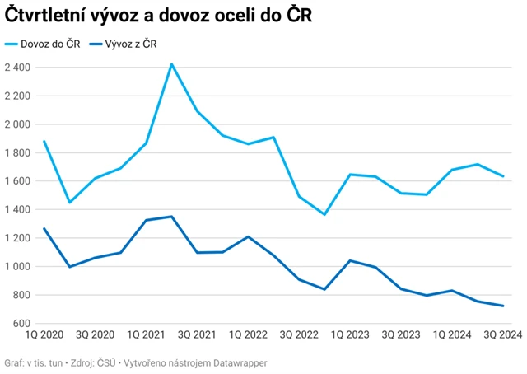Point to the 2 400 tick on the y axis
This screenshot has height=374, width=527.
[17, 68]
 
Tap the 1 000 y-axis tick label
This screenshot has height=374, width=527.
[17, 267]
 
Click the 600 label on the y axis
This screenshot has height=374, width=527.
[21, 324]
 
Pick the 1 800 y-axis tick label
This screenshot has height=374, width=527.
[17, 153]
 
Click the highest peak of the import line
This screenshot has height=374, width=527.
[171, 63]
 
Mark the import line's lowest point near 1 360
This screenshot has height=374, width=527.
[324, 214]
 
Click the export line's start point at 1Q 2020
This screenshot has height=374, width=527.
[44, 228]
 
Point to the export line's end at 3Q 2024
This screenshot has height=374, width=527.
[503, 306]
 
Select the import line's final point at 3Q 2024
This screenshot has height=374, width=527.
[503, 176]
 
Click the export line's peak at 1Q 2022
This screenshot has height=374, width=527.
[248, 236]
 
